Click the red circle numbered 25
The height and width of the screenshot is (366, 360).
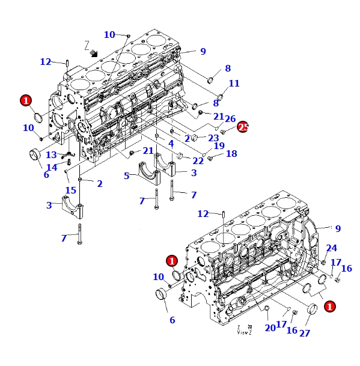point(243,127)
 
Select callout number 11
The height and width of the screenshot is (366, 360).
point(234,84)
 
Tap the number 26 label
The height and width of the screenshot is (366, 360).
point(230,119)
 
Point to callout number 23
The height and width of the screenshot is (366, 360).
point(213,138)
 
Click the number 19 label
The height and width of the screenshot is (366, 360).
point(219,146)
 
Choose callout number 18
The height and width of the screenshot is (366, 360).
point(231,154)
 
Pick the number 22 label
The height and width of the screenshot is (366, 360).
point(198,160)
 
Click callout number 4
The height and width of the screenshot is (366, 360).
point(171,144)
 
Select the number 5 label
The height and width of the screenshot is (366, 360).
point(127,176)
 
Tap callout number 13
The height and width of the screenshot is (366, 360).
point(51,155)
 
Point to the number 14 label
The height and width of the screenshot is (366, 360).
point(52,167)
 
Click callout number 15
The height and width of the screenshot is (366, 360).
point(71,191)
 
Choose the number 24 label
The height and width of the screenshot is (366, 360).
point(332,248)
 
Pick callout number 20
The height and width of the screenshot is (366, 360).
point(270,328)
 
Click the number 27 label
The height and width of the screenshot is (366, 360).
point(305,333)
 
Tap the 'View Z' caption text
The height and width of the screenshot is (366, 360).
point(244,330)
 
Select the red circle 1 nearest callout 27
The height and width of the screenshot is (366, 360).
point(329,306)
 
